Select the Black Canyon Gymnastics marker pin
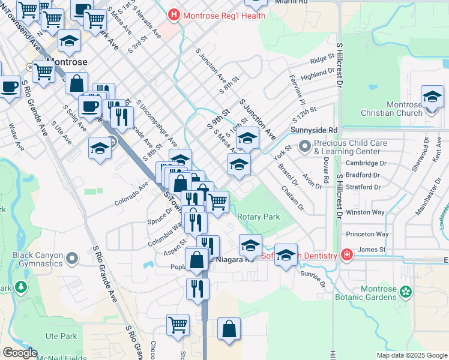[x=72, y=259]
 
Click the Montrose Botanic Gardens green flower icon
[x=406, y=292]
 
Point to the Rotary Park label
[x=259, y=217]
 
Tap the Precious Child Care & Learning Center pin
[x=306, y=145]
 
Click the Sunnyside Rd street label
[x=314, y=130]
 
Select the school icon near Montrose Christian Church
[x=432, y=97]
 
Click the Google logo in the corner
[x=20, y=352]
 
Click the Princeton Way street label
[x=366, y=234]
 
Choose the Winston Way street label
[x=364, y=212]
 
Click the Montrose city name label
[x=67, y=62]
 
